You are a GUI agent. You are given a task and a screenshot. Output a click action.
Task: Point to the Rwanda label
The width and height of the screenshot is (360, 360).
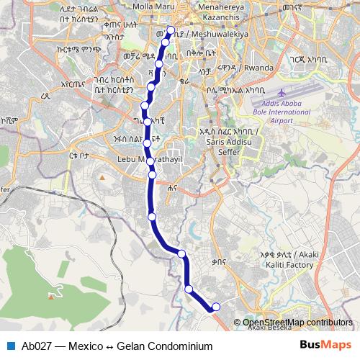click(x=258, y=68)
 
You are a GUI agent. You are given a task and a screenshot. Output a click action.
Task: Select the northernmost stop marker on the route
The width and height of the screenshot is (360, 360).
click(x=171, y=30)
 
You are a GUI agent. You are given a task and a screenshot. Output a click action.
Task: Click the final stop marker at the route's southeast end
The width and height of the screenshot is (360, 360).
click(x=215, y=308)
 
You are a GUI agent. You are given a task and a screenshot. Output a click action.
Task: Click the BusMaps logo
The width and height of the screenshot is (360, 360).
click(x=325, y=345)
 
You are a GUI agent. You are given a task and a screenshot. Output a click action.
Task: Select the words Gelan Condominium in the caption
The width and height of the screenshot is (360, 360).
click(x=164, y=346)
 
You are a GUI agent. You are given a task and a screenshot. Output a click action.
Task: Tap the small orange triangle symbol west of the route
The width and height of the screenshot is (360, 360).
click(x=103, y=176)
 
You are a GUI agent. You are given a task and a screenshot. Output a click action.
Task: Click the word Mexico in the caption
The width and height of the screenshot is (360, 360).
click(x=84, y=346)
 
